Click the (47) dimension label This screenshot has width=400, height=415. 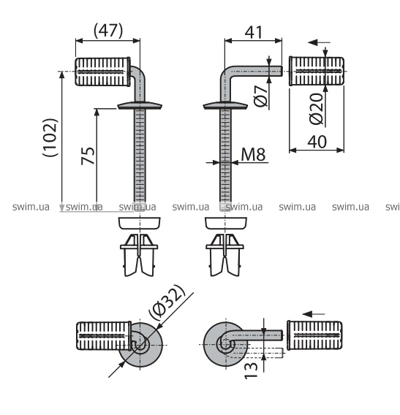(x=108, y=31)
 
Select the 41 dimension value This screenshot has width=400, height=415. (x=254, y=33)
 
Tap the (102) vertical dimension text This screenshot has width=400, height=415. (x=50, y=137)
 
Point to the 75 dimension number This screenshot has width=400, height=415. (x=88, y=156)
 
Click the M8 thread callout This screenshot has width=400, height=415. (x=253, y=154)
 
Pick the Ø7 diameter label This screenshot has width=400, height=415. (x=261, y=96)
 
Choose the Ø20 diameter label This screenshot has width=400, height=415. (x=317, y=109)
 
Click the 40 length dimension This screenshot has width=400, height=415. (x=317, y=142)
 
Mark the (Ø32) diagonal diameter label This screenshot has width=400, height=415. (x=167, y=302)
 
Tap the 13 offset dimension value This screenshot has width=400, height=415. (x=251, y=370)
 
